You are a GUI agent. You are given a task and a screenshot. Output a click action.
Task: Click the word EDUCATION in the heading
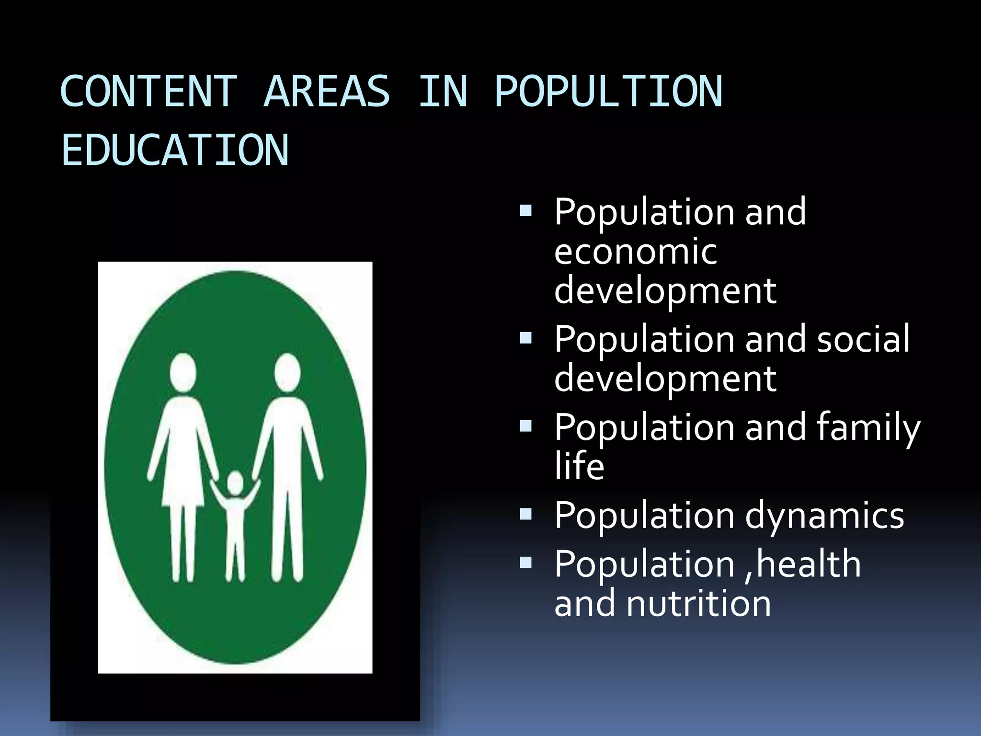point(175,150)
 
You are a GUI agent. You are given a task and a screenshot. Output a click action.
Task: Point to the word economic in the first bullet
point(636,251)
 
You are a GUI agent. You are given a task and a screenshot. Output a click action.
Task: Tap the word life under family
point(579,466)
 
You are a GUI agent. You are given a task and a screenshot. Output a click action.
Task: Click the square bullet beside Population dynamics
point(525,514)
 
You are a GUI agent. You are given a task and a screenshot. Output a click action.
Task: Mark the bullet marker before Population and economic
point(525,210)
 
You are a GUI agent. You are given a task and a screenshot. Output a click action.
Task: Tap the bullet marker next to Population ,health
point(525,562)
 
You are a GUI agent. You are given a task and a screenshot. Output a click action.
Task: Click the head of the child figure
point(235,483)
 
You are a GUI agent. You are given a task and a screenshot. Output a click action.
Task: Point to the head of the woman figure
point(183,372)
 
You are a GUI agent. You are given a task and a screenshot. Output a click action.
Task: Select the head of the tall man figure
point(287,372)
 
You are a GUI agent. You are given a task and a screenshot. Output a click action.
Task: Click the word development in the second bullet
point(665,379)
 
